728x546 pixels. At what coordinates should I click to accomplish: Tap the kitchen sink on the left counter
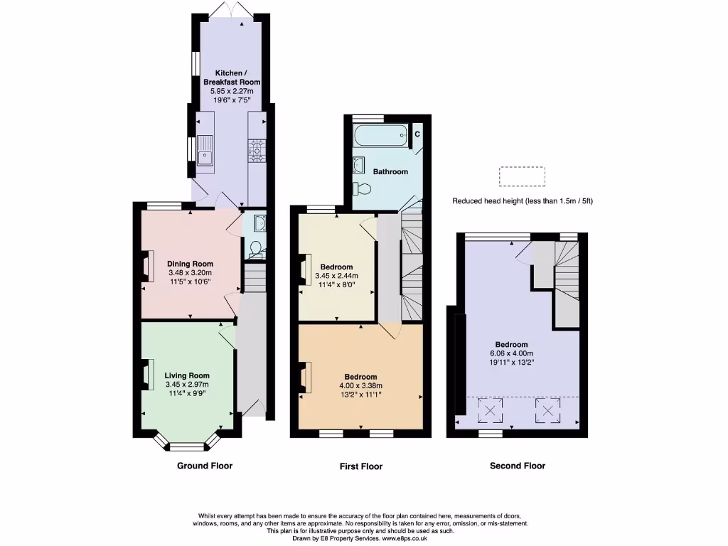click(205, 150)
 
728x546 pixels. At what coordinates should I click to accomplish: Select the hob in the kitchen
click(256, 149)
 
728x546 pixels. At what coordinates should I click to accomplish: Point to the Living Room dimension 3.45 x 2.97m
click(187, 385)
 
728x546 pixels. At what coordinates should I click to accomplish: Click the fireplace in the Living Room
click(149, 375)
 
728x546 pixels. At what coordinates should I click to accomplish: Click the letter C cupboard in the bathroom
click(417, 134)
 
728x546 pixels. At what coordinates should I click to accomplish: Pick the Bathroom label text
click(390, 172)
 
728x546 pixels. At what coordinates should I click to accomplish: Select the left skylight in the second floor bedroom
click(488, 409)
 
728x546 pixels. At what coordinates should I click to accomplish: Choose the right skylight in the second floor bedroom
click(547, 409)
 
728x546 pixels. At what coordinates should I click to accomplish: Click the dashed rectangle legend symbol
click(522, 176)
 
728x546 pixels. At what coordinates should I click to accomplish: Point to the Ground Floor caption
click(204, 466)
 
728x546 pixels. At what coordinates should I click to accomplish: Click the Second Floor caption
click(517, 466)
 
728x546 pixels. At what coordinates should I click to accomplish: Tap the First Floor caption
click(360, 467)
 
